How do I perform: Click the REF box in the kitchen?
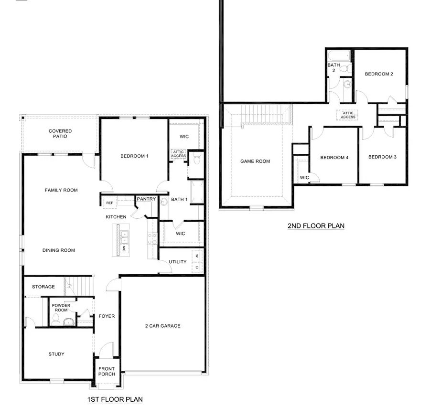[109, 203]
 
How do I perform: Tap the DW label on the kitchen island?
[124, 249]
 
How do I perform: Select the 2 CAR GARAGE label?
[163, 326]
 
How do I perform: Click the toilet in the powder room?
[56, 319]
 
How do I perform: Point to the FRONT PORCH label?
[107, 371]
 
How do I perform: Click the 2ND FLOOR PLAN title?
[316, 226]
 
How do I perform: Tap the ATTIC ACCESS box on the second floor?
[348, 115]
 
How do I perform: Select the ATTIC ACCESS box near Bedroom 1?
[178, 153]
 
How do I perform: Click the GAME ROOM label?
[255, 161]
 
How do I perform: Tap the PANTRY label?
[146, 199]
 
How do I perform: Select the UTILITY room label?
[177, 262]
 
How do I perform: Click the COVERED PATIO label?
[61, 134]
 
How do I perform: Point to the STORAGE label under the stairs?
[43, 287]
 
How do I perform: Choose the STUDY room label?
[56, 354]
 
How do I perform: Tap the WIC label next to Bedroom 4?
[304, 178]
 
